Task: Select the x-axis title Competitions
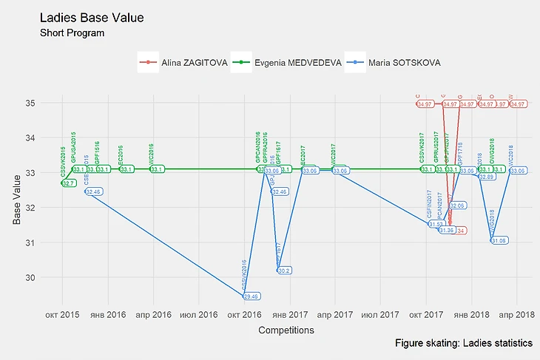coord(286,330)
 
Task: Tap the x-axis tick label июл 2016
coord(198,314)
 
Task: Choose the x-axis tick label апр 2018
coord(516,314)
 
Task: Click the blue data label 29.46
coord(251,296)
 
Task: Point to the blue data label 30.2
coord(284,271)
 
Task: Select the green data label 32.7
coord(68,183)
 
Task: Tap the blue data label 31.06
coord(499,240)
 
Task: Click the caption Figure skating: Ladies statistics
coord(463,344)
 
